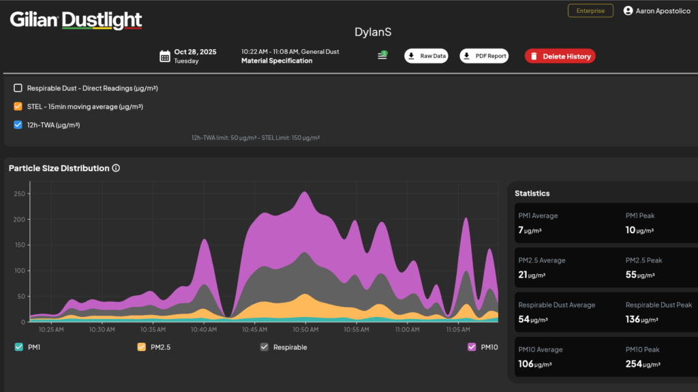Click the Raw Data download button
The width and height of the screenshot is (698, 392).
[x=426, y=56]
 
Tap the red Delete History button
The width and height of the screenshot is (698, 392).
[x=560, y=56]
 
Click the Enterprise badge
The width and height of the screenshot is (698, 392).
[x=590, y=11]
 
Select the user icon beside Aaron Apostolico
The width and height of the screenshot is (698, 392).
[x=628, y=11]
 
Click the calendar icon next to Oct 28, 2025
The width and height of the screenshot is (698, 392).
[x=165, y=56]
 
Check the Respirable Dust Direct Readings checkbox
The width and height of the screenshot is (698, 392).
[x=18, y=88]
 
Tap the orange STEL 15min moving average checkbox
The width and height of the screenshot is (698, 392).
[x=18, y=106]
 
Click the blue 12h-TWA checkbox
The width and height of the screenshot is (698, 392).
[x=18, y=125]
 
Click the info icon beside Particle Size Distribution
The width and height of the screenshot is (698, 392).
[x=116, y=168]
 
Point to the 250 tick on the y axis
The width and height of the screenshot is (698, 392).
[x=20, y=194]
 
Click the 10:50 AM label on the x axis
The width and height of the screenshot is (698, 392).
[x=305, y=330]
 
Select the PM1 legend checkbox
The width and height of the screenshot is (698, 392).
[x=18, y=347]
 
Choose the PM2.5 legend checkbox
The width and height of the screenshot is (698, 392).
[x=142, y=347]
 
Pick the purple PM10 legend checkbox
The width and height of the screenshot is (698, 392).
[x=472, y=347]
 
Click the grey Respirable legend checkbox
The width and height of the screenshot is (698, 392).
[x=264, y=347]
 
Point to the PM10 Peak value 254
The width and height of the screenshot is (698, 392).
[x=633, y=364]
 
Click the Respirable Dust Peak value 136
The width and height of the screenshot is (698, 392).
[x=633, y=319]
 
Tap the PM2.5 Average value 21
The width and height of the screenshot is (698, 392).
[x=523, y=275]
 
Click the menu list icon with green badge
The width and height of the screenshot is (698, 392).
[x=382, y=55]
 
